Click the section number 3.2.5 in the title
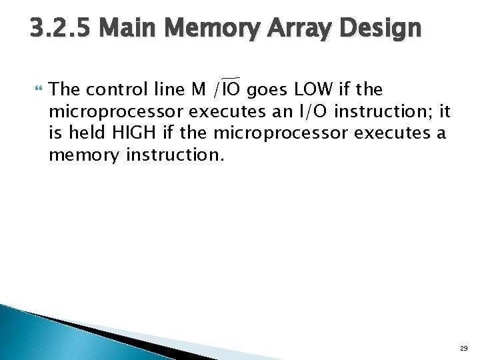point(62,29)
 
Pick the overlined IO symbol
point(232,89)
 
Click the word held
point(82,133)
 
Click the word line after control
point(166,89)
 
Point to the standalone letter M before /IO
point(199,89)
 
